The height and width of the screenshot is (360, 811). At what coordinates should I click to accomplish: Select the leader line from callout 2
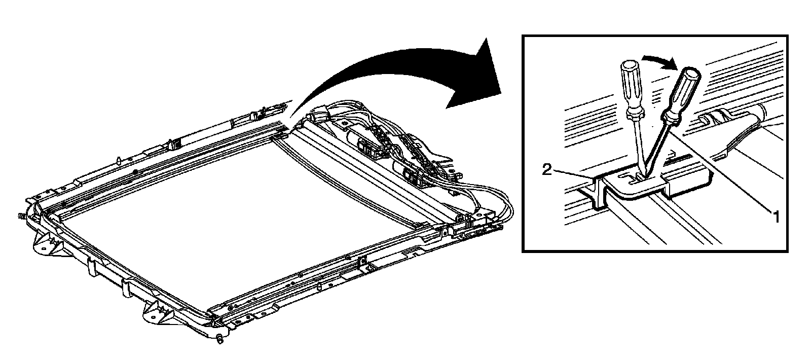coord(573,173)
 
